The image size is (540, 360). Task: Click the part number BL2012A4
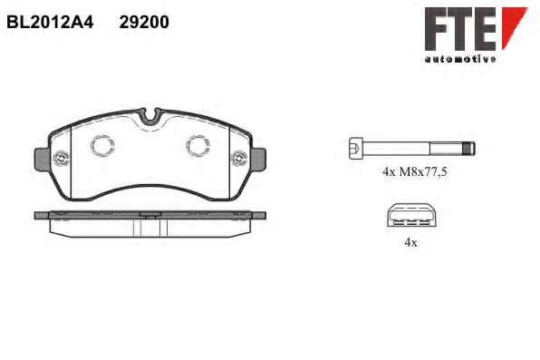click(x=50, y=23)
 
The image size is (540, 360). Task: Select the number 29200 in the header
click(x=144, y=23)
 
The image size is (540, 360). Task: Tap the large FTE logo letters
click(x=460, y=30)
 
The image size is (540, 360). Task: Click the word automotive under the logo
click(x=460, y=59)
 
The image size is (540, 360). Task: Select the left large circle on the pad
click(x=102, y=145)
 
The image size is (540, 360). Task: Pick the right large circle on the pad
click(x=198, y=145)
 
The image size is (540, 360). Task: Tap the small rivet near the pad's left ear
click(x=62, y=159)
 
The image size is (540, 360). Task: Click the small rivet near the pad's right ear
click(x=239, y=159)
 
